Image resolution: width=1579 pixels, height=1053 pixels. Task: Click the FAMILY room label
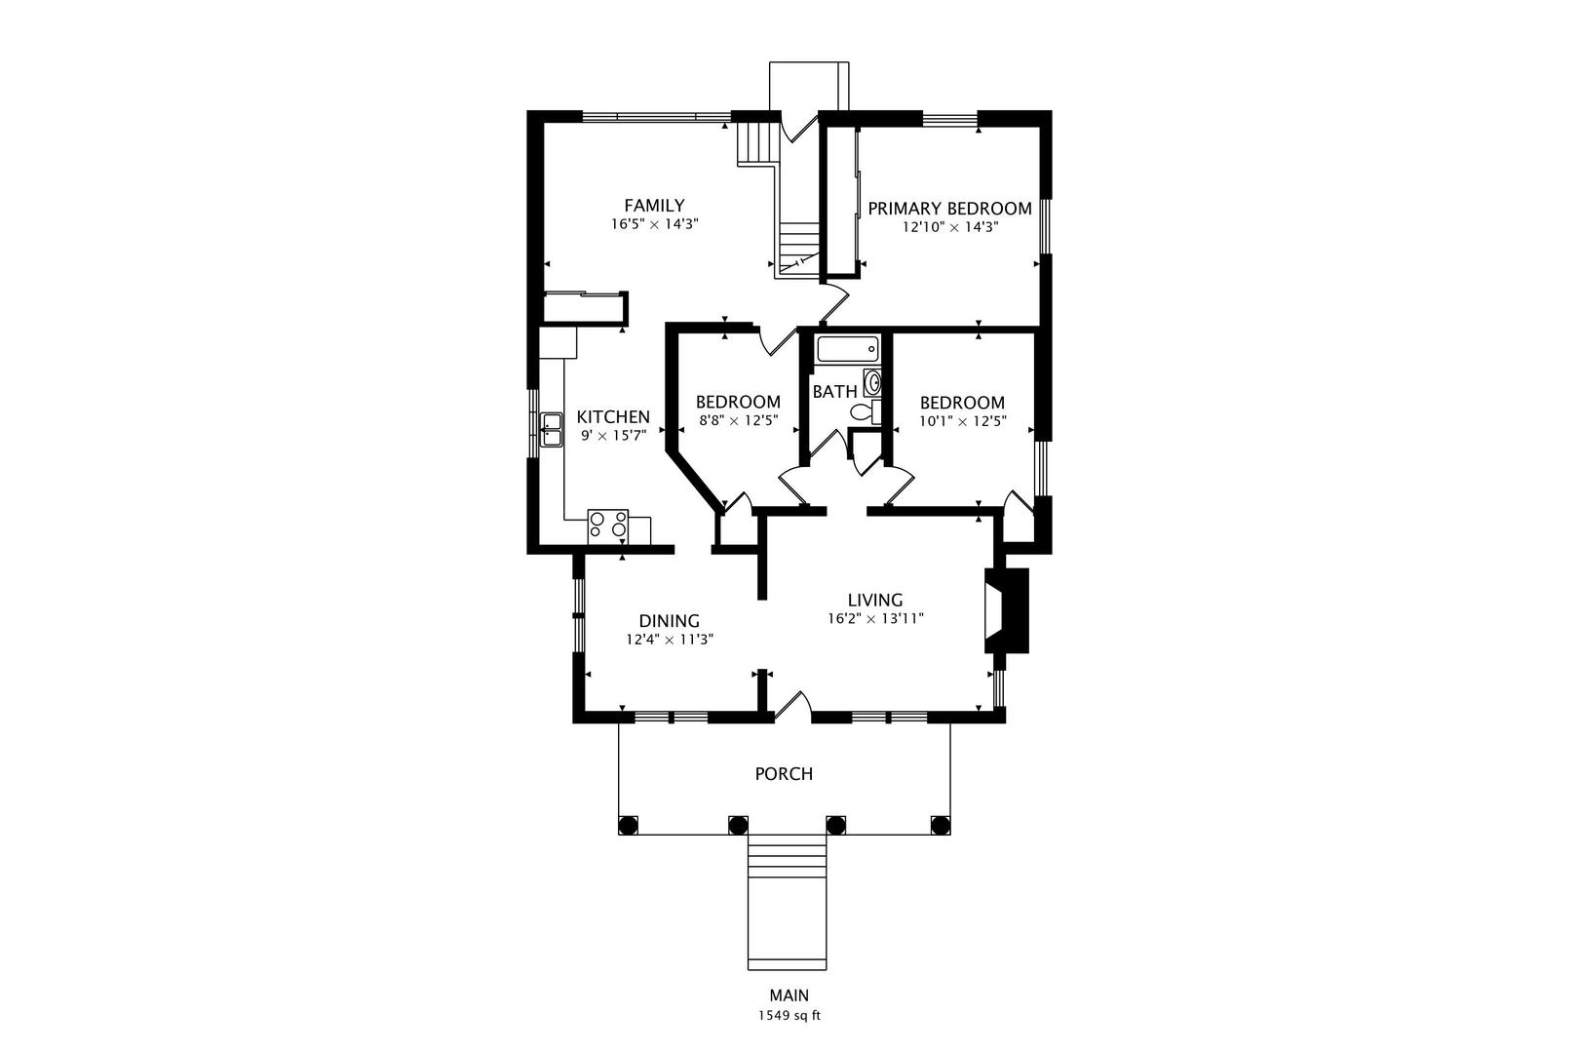[x=654, y=206]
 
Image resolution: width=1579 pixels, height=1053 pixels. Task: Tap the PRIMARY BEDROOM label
[x=949, y=209]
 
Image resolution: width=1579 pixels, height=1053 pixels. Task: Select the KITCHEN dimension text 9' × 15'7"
[x=613, y=436]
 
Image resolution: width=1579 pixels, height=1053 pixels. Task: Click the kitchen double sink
[x=552, y=430]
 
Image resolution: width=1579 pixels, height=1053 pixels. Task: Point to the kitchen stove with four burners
[x=607, y=526]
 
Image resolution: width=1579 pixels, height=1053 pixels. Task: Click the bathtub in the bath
[x=847, y=349]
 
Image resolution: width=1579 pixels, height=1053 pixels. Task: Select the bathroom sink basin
[x=872, y=382]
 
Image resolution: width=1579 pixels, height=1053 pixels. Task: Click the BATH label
[x=834, y=391]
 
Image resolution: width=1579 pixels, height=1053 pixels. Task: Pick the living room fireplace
[x=1007, y=610]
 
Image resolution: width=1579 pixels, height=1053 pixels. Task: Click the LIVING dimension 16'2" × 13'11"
[x=875, y=619]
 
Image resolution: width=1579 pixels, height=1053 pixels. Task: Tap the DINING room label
[x=669, y=621]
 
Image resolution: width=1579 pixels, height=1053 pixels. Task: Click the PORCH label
[x=784, y=774]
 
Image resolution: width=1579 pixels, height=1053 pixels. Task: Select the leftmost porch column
[x=628, y=825]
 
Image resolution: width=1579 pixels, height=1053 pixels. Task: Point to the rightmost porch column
[x=941, y=825]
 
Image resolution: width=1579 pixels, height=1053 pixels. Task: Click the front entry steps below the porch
[x=787, y=903]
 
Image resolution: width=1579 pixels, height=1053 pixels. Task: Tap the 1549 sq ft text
[x=789, y=1016]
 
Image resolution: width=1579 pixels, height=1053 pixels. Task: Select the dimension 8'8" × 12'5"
[x=738, y=421]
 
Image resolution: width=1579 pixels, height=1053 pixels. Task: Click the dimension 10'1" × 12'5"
[x=963, y=421]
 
